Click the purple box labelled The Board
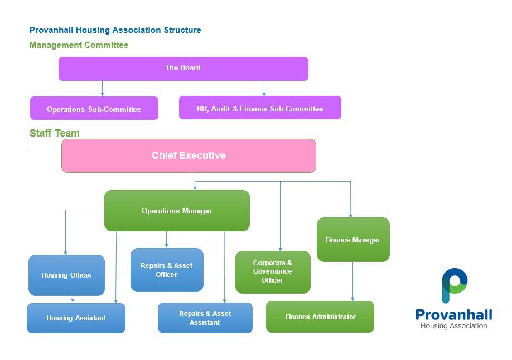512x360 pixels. click(183, 69)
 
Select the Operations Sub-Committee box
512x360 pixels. click(94, 109)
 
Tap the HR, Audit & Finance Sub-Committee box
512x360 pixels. click(260, 108)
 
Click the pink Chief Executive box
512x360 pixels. click(189, 155)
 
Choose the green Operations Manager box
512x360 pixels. click(177, 211)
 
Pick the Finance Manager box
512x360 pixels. click(353, 240)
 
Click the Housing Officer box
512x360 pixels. click(66, 275)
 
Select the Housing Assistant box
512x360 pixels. click(76, 318)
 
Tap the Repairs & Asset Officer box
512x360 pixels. click(167, 270)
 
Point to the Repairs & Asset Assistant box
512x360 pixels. click(205, 318)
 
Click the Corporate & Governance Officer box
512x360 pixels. click(273, 272)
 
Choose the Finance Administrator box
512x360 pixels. click(320, 317)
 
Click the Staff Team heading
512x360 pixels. click(55, 133)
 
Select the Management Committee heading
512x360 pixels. click(79, 45)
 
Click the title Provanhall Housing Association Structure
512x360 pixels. click(115, 30)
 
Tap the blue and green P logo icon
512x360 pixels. click(454, 285)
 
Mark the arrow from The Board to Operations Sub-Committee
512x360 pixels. click(102, 89)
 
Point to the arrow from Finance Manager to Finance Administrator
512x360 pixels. click(352, 281)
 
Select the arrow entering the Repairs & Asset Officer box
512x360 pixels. click(166, 240)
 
